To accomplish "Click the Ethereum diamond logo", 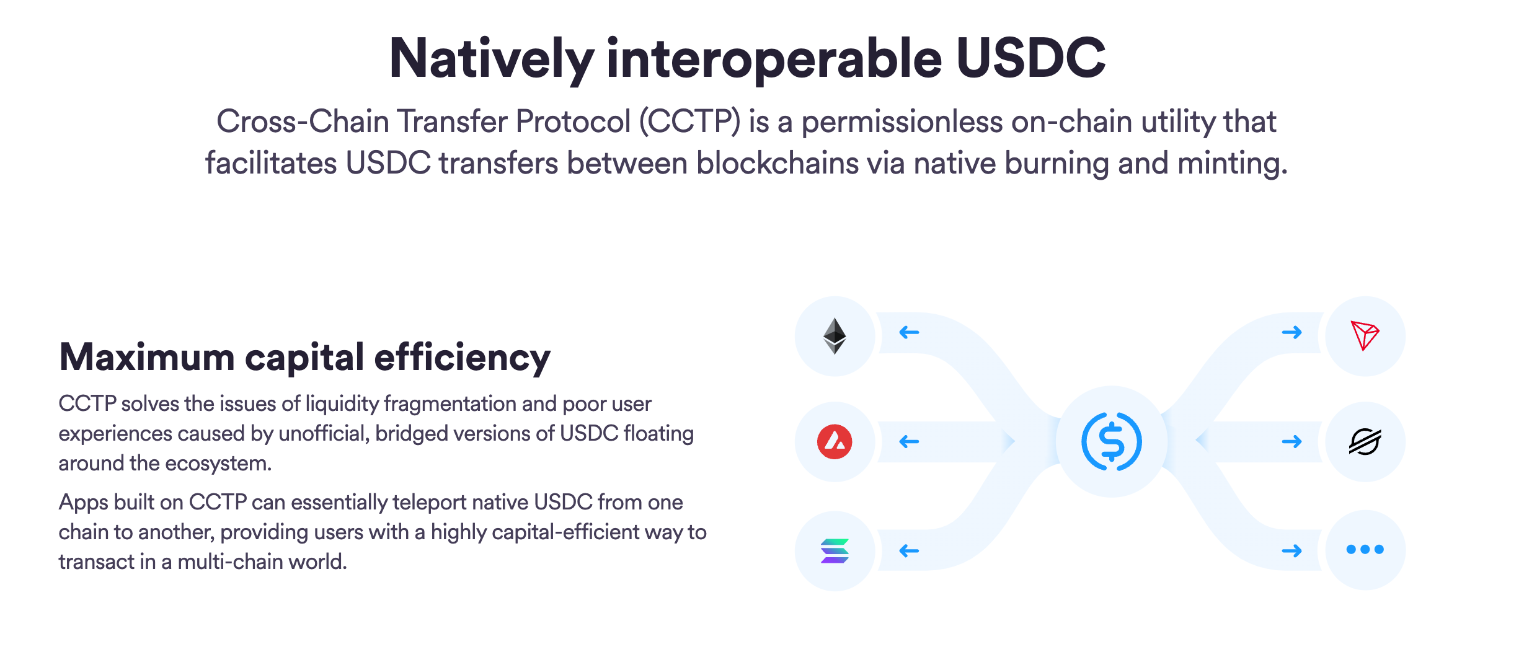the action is pos(835,336).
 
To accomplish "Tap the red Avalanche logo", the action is pos(835,442).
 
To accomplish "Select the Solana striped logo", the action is pos(835,551).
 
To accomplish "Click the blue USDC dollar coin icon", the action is pos(1112,442).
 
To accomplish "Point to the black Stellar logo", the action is pos(1365,442).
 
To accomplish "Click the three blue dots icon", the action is pos(1365,549).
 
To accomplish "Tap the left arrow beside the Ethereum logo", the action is pos(909,333).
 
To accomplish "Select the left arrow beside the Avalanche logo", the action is pos(909,442).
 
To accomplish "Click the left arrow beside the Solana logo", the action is pos(909,551).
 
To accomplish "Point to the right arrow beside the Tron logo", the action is pos(1292,333).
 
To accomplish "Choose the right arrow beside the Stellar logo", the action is pos(1292,442).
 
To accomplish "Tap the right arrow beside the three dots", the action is pos(1292,551).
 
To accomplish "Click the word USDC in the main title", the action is pos(1031,58).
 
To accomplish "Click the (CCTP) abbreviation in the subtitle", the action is pos(690,121).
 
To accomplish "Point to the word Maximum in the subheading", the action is pos(147,358).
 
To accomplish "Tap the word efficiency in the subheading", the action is pos(463,359).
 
